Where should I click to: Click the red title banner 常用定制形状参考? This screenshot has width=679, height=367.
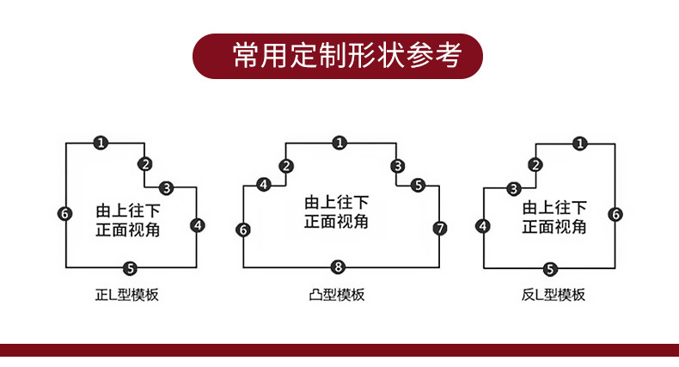coord(338,56)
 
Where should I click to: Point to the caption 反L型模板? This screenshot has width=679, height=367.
coord(553,295)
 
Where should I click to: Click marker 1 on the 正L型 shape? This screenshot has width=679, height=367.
coord(101,143)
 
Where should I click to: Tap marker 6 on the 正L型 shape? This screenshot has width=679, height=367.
coord(65,213)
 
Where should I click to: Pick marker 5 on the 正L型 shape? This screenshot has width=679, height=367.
coord(130,267)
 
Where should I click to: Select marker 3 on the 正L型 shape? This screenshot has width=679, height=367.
coord(166,187)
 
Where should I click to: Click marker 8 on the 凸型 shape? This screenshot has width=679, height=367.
coord(339,266)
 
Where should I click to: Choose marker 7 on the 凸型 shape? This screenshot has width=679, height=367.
coord(440,229)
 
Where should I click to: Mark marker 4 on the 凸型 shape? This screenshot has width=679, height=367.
coord(264,184)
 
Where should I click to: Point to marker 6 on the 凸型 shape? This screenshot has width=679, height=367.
coord(243,229)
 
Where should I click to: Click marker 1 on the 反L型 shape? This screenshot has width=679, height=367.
coord(582,144)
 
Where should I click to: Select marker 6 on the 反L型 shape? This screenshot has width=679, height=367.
coord(616,214)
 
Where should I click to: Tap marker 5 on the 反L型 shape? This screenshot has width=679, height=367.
coord(551,268)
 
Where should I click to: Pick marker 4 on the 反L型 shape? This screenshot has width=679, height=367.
coord(482,226)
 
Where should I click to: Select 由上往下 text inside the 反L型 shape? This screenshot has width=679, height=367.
coord(554,207)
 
